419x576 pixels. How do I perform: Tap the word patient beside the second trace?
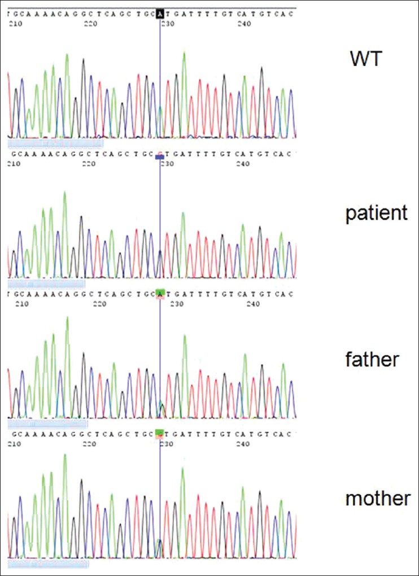point(376,213)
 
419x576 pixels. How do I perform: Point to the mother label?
point(378,499)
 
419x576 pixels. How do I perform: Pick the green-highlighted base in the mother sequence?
point(160,434)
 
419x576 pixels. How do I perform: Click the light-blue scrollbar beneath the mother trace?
point(49,564)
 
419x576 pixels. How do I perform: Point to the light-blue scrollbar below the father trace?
point(49,423)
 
